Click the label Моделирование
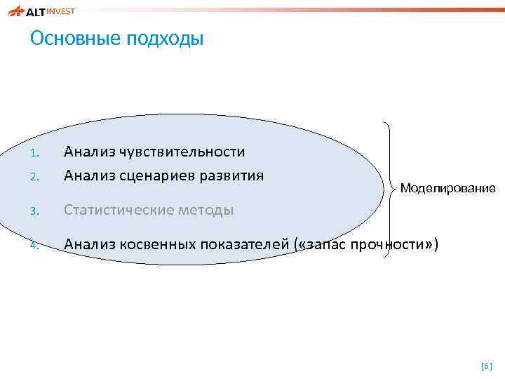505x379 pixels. (447, 188)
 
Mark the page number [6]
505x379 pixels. (486, 366)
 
